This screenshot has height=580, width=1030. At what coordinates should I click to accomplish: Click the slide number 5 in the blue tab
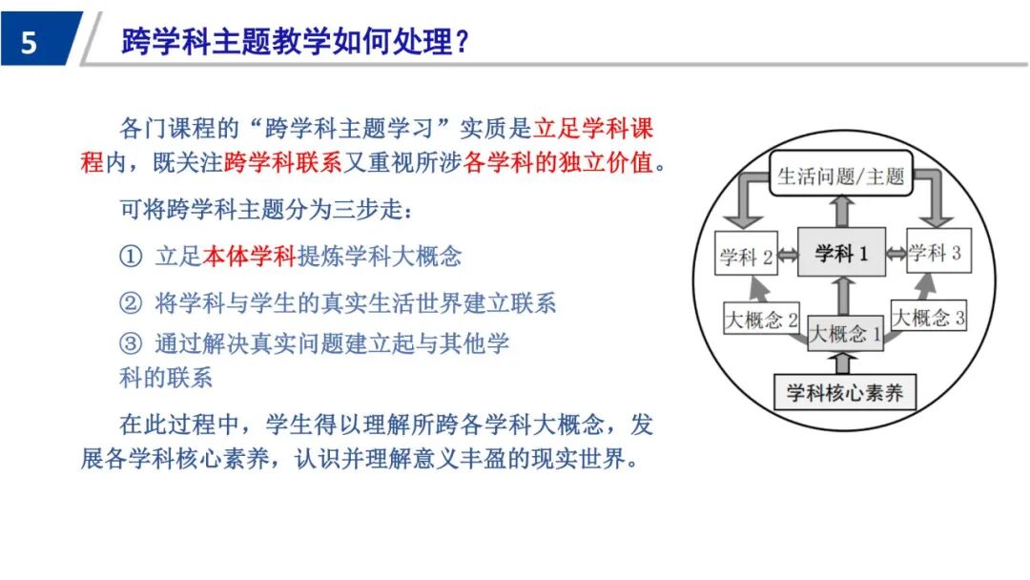click(28, 43)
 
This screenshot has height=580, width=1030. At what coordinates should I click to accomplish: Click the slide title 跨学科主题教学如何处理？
click(296, 42)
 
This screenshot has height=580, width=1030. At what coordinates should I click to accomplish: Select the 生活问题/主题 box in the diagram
click(840, 176)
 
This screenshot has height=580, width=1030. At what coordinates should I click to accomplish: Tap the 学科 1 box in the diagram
click(841, 253)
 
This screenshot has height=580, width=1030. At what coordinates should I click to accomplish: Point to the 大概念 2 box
click(761, 318)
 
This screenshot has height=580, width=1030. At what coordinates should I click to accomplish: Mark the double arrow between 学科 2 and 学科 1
click(788, 255)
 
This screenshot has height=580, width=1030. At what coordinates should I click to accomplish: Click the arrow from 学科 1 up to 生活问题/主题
click(841, 212)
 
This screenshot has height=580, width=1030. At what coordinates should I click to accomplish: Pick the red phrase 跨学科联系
click(282, 163)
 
